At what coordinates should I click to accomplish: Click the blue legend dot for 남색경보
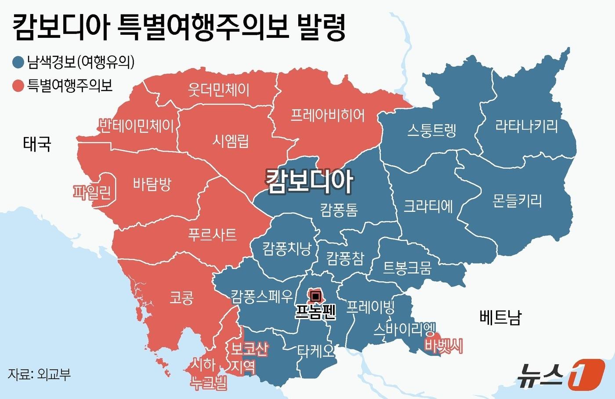pyautogui.click(x=18, y=62)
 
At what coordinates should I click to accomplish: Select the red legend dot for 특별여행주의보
pyautogui.click(x=18, y=85)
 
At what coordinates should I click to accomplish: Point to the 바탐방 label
pyautogui.click(x=152, y=183)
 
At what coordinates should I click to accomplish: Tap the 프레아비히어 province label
pyautogui.click(x=328, y=115)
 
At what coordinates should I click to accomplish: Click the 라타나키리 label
pyautogui.click(x=526, y=127)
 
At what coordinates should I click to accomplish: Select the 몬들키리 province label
pyautogui.click(x=517, y=201)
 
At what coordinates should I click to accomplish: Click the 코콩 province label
pyautogui.click(x=181, y=299)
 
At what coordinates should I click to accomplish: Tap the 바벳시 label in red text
pyautogui.click(x=443, y=347)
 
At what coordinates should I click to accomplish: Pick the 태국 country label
pyautogui.click(x=37, y=144)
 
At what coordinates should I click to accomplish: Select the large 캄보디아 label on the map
pyautogui.click(x=309, y=181)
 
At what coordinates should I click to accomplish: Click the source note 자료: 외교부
pyautogui.click(x=39, y=374)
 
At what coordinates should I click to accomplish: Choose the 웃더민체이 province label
pyautogui.click(x=218, y=90)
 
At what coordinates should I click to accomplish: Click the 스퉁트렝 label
pyautogui.click(x=431, y=131)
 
